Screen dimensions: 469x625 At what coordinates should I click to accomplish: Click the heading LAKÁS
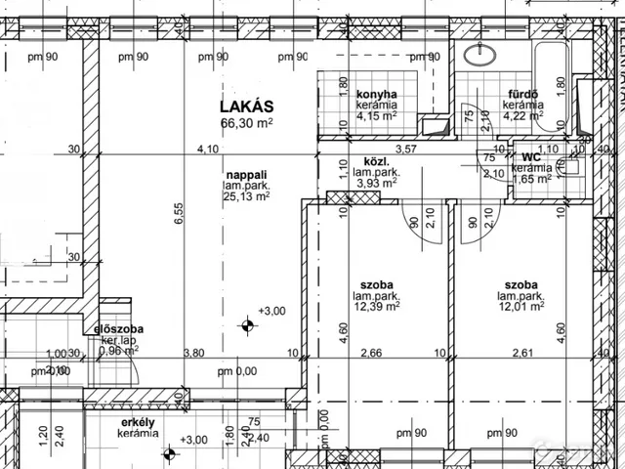[245, 106]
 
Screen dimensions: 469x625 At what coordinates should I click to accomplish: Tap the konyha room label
[376, 94]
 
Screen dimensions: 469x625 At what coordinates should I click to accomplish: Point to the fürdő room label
[522, 94]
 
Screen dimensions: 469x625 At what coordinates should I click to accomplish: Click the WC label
[531, 156]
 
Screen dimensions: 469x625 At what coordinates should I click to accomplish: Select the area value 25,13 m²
[245, 195]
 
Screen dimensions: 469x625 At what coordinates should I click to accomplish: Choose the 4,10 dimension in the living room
[207, 149]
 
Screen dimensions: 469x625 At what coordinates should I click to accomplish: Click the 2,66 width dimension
[370, 354]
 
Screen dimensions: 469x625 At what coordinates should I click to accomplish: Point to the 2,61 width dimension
[522, 354]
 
